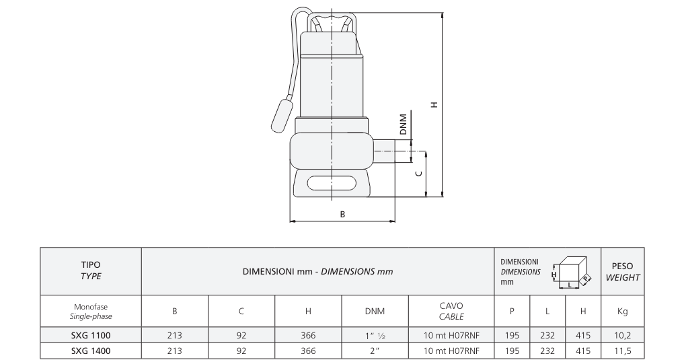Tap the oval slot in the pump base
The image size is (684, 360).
click(x=332, y=183)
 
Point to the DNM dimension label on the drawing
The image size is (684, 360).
click(x=403, y=124)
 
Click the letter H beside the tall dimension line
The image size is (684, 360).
click(x=434, y=105)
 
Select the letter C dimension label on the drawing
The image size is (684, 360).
click(x=419, y=174)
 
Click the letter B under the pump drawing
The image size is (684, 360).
click(x=342, y=214)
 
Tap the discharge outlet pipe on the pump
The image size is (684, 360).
click(x=384, y=151)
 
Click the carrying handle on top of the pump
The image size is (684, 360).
click(x=332, y=20)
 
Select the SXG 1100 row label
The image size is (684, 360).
click(x=91, y=336)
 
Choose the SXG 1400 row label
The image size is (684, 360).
click(x=91, y=351)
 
